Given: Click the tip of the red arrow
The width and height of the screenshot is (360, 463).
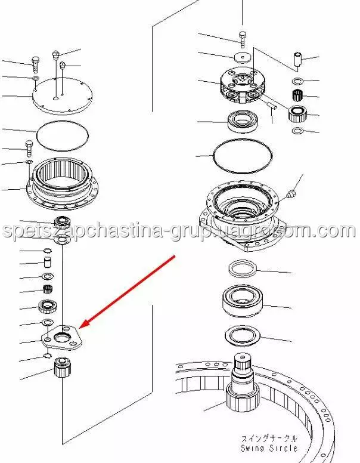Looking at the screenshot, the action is click(80, 328).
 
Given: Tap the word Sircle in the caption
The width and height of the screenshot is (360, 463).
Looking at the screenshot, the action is click(283, 448).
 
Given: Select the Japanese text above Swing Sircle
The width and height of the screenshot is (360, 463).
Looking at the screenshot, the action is click(269, 438).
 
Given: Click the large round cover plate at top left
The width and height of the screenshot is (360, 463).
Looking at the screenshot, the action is click(63, 96).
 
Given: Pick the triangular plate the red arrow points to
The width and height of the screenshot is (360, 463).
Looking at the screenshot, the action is click(61, 338).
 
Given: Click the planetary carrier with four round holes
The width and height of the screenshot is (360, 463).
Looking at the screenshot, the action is click(243, 85).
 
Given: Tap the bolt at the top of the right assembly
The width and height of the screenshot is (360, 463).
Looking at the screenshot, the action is click(242, 39).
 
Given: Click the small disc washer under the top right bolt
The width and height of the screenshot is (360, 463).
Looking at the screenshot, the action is click(242, 58).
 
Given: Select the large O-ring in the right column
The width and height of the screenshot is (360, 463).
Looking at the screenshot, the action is click(243, 156).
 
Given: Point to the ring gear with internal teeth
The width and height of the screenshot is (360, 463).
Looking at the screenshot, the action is click(62, 183).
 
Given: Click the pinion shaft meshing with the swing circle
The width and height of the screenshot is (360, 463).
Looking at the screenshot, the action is click(243, 384).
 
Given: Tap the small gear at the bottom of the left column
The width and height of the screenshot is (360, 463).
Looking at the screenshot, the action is click(63, 366).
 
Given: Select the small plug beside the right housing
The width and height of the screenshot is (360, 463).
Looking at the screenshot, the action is click(291, 194).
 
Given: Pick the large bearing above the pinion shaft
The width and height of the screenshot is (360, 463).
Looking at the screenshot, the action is click(242, 301).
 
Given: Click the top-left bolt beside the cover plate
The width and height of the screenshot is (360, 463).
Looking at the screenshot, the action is click(35, 64).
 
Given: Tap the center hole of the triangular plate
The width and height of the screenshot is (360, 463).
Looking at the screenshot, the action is click(62, 336).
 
